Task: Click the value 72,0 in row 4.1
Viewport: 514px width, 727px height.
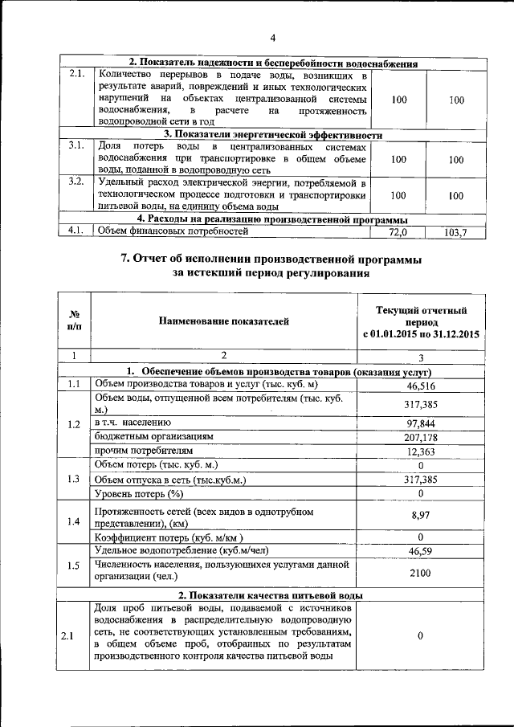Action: (x=398, y=232)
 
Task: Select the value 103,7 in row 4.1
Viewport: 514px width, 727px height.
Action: (x=455, y=232)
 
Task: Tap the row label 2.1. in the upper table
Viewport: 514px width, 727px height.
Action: (x=77, y=75)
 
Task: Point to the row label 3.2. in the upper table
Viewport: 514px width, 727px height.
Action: (x=77, y=181)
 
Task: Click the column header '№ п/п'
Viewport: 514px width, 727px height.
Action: (x=74, y=321)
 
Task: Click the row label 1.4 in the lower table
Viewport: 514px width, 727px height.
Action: (x=74, y=522)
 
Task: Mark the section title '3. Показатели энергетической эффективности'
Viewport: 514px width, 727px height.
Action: (x=272, y=134)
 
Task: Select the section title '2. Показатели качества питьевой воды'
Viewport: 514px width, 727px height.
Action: (x=271, y=594)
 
